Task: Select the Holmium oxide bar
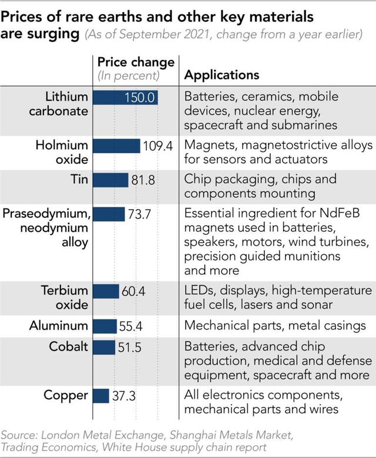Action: (x=116, y=146)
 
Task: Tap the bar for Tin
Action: (x=110, y=180)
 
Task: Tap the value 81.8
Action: (x=143, y=180)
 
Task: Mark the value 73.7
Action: (x=140, y=214)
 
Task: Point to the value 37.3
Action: (x=123, y=396)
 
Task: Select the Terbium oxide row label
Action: (x=65, y=298)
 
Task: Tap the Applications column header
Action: (x=221, y=75)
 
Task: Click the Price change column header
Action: (x=136, y=62)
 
